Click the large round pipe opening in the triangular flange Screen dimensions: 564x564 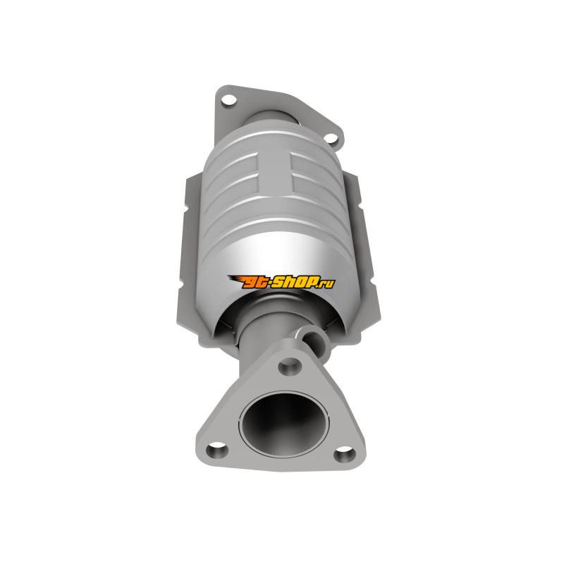click(286, 426)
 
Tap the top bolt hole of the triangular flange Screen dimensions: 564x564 click(290, 366)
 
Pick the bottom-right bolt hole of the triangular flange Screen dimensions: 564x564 click(344, 454)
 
